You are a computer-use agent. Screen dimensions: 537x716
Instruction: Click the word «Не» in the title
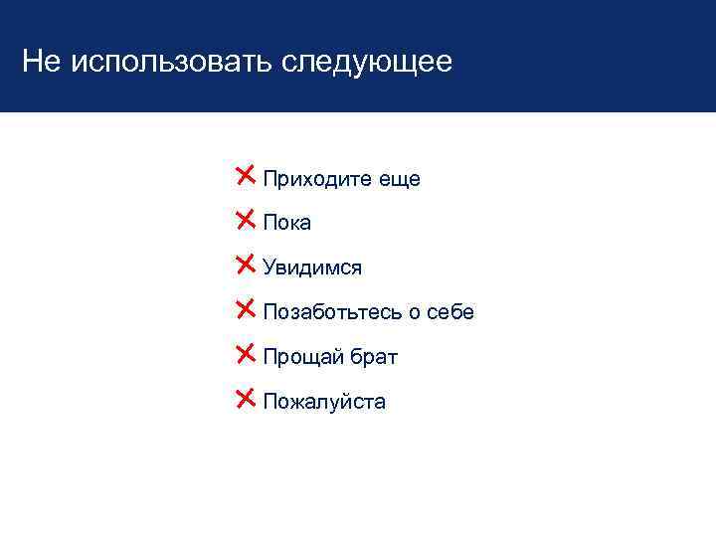41,63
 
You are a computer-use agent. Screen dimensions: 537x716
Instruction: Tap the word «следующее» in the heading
367,63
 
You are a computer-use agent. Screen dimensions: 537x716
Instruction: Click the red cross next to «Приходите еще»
246,176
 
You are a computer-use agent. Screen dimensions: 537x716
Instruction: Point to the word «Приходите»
319,179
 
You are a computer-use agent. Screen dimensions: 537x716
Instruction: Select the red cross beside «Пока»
246,220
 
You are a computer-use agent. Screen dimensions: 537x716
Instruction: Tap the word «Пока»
287,224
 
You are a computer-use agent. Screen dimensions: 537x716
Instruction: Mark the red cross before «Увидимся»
246,265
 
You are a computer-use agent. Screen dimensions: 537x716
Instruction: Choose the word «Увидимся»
312,268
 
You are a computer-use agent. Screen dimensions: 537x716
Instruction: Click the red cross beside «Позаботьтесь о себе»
246,309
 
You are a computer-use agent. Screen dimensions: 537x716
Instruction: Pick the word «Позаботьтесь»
331,312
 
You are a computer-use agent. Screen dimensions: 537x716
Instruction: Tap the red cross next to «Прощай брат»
246,354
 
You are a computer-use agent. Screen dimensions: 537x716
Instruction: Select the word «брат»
374,357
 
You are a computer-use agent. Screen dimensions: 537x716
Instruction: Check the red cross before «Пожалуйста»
246,399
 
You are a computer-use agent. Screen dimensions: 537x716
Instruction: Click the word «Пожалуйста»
324,403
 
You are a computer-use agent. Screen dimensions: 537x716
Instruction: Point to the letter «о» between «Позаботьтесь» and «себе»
413,313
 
